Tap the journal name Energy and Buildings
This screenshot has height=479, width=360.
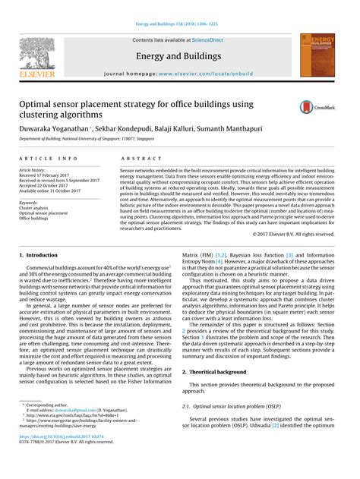click(178, 56)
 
